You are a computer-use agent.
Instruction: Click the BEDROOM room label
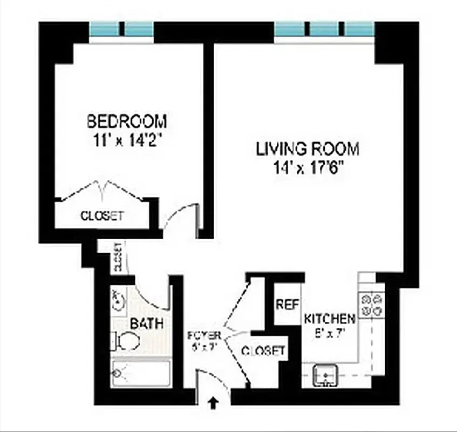(x=127, y=120)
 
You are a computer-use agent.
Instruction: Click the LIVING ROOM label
(x=308, y=148)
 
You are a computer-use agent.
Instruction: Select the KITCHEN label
(x=330, y=318)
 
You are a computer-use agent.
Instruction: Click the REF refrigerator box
(x=287, y=304)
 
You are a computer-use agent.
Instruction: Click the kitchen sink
(x=325, y=374)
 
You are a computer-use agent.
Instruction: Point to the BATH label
(x=146, y=324)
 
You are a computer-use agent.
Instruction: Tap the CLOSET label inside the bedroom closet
(x=102, y=216)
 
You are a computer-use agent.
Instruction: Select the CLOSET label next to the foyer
(x=263, y=351)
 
